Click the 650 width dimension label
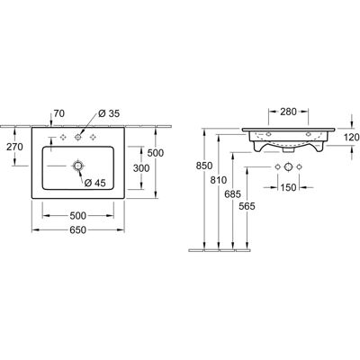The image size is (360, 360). (77, 229)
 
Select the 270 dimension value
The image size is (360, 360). (14, 147)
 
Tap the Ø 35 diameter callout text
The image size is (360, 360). (109, 113)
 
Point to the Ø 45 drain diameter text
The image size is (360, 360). (95, 183)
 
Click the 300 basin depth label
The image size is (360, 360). (141, 168)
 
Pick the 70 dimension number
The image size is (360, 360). (58, 113)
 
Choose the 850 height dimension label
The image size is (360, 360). (204, 166)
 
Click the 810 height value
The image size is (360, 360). (218, 180)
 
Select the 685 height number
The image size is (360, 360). (232, 194)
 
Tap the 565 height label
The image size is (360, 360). (247, 206)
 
